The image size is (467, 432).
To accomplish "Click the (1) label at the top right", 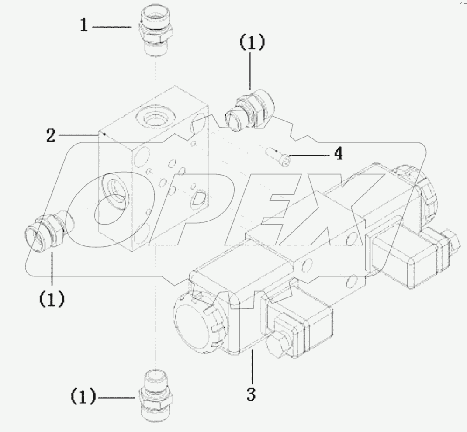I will click(251, 44).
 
